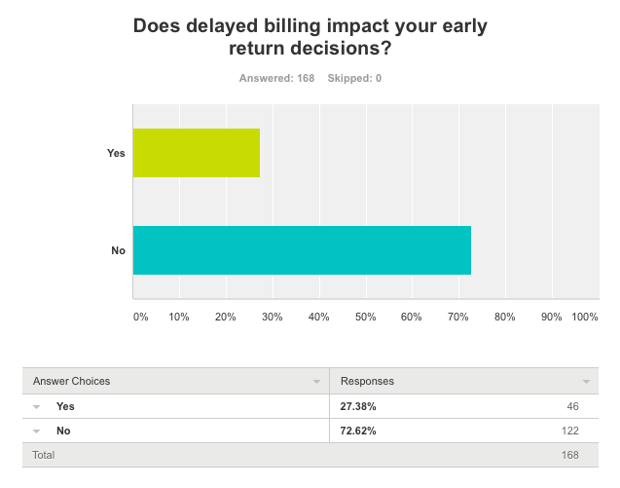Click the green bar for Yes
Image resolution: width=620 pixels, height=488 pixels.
coord(197,153)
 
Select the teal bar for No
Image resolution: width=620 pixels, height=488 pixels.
coord(302,250)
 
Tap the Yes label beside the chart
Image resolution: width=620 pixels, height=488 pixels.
coord(116,153)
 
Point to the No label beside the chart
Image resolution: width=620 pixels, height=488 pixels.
coord(119,250)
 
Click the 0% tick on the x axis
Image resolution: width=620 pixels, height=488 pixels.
coord(140,317)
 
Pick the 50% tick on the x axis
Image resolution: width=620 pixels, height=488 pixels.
coord(365,317)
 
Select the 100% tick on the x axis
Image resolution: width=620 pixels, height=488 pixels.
coord(585,317)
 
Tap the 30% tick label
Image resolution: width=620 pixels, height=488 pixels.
coord(272,317)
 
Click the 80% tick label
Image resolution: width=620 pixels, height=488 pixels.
coord(504,317)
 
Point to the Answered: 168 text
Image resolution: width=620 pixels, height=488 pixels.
coord(276,78)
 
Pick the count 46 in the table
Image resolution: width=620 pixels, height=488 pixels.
coord(571,406)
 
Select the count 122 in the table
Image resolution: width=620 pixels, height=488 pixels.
coord(568,431)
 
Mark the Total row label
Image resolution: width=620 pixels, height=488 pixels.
coord(44,455)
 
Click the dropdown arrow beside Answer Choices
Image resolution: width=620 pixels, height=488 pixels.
coord(316,382)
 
